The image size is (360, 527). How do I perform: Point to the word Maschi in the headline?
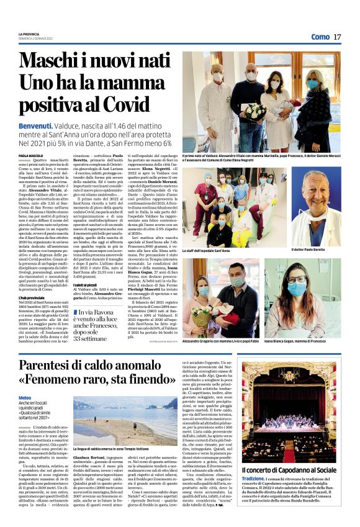click(x=47, y=61)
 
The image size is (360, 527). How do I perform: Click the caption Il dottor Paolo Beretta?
click(x=306, y=250)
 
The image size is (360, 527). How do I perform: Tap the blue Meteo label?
click(x=25, y=397)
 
